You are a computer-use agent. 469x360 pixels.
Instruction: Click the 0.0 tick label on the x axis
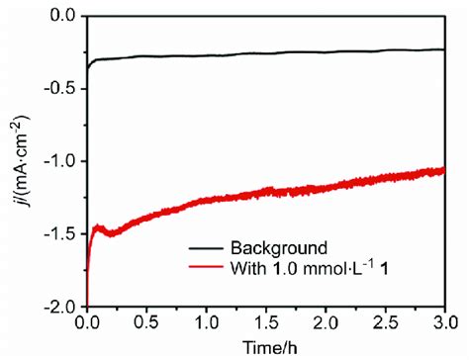(88, 322)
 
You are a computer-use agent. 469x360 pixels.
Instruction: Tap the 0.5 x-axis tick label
(147, 322)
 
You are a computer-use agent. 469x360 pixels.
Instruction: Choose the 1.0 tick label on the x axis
(207, 322)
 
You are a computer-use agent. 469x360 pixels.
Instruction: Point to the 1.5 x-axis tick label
(266, 322)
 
